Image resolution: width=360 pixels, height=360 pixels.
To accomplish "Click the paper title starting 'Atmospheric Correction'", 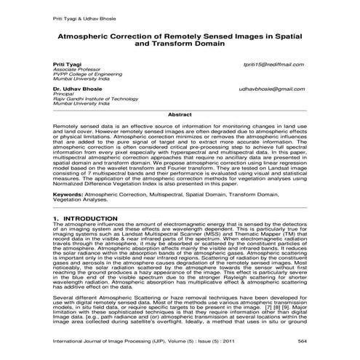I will (x=180, y=38).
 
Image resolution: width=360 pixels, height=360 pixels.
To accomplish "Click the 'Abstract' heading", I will (x=180, y=114).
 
